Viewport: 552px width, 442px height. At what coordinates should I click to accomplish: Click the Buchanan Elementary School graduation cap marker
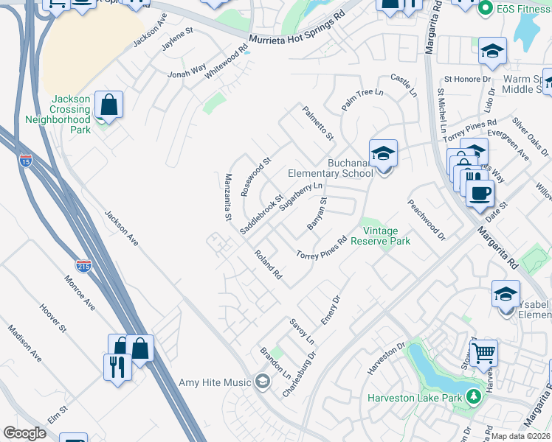383,154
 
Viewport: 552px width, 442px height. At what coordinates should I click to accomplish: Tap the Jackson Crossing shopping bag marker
108,105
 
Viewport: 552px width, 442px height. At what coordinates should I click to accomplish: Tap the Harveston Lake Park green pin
472,398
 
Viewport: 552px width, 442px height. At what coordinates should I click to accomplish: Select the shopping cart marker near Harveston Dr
483,354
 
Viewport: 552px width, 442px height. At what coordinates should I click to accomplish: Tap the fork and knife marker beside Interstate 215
117,367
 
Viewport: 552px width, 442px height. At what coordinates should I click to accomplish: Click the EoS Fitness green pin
485,9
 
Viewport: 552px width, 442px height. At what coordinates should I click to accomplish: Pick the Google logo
24,433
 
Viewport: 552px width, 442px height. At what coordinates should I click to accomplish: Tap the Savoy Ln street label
302,331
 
